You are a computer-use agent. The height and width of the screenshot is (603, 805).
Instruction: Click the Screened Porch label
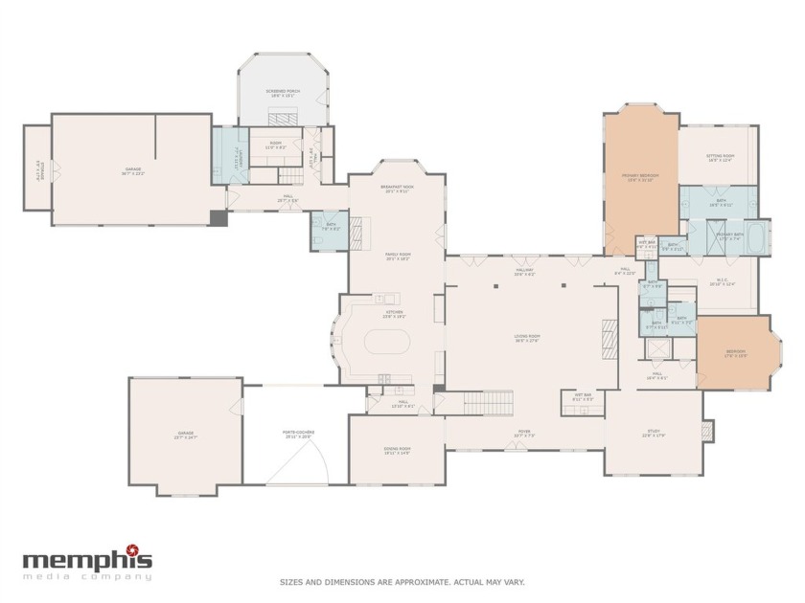click(x=283, y=93)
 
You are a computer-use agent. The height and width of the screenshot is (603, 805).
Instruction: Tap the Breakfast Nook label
click(x=396, y=189)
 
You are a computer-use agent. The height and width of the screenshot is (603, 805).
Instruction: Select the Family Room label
click(x=396, y=257)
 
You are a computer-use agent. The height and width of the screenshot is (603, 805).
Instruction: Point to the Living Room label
click(x=527, y=338)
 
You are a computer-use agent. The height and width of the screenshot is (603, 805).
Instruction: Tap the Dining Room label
click(x=397, y=451)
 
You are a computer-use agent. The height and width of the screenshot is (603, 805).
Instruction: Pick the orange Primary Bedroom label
click(x=639, y=177)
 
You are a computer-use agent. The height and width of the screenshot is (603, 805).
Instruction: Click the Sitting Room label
click(x=720, y=158)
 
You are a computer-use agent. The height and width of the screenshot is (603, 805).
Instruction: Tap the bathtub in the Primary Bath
click(x=755, y=236)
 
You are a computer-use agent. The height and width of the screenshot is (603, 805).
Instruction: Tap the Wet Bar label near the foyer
click(x=583, y=395)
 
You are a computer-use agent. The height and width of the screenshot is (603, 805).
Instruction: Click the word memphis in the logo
click(x=86, y=560)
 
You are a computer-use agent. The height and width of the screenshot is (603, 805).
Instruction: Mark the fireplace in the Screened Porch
click(x=283, y=119)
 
